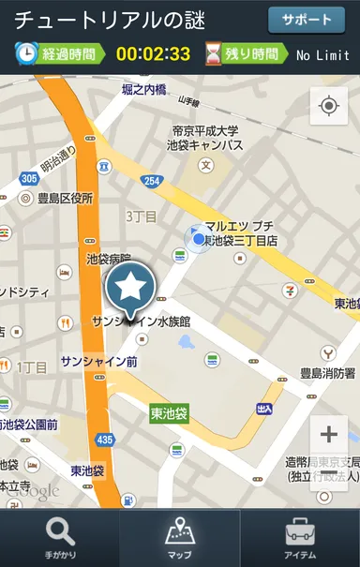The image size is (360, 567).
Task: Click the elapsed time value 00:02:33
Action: tap(153, 54)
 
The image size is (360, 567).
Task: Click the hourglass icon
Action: tap(215, 53)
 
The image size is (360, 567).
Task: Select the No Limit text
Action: tap(322, 55)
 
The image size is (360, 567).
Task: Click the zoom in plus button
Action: tap(329, 434)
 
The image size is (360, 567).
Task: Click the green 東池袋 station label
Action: tap(170, 412)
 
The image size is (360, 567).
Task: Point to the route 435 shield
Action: tap(105, 440)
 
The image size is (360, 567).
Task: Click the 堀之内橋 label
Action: tap(143, 89)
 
